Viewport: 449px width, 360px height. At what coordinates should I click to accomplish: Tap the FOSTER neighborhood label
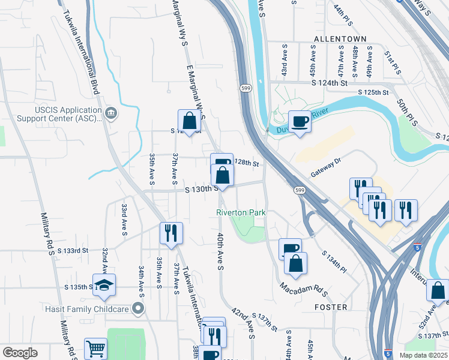[330, 307]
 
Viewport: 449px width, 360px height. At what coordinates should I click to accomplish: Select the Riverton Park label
[241, 212]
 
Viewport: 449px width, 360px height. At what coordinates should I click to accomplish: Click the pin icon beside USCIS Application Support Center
[110, 113]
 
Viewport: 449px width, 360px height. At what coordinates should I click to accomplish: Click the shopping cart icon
[95, 350]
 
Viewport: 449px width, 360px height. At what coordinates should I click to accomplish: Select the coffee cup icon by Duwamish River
[300, 122]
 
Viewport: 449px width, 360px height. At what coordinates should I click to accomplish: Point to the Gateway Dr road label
[325, 167]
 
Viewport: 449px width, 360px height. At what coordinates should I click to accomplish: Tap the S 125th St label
[373, 92]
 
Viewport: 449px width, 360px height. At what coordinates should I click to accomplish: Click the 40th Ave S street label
[220, 251]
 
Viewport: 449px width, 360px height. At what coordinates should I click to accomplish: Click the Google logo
[20, 353]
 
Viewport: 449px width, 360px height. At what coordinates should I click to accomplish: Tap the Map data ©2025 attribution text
[423, 355]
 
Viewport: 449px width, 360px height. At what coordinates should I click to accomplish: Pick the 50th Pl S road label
[403, 109]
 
